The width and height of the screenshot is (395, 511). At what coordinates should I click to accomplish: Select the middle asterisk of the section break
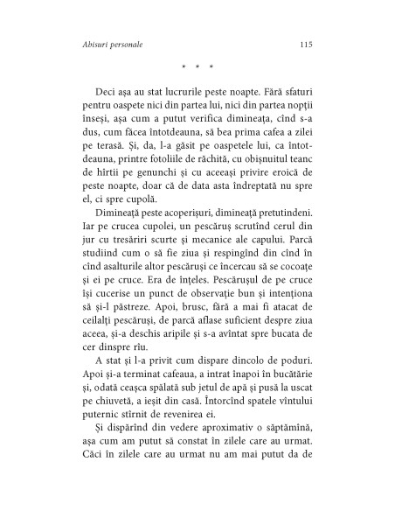(x=197, y=68)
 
